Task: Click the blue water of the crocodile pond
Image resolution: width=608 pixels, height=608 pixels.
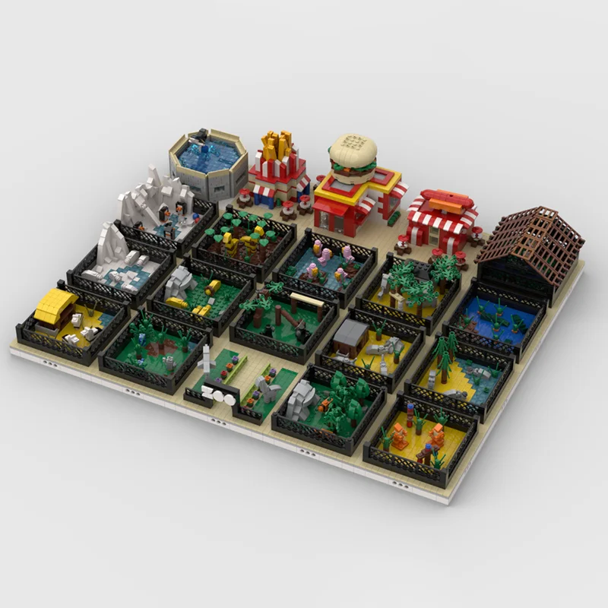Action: (494, 319)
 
